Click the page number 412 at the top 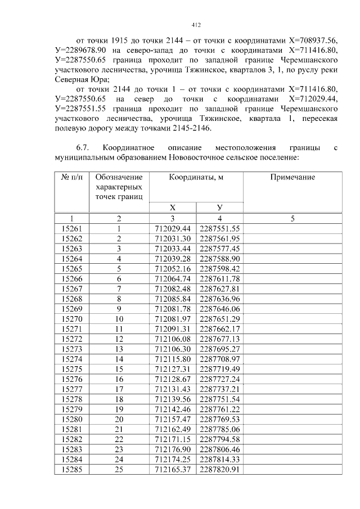coord(196,25)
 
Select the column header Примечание coord(292,177)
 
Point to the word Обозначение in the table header coord(119,177)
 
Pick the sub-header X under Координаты coord(173,208)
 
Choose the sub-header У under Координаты coord(220,208)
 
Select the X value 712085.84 coord(173,299)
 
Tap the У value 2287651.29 coord(220,319)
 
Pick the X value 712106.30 coord(173,349)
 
